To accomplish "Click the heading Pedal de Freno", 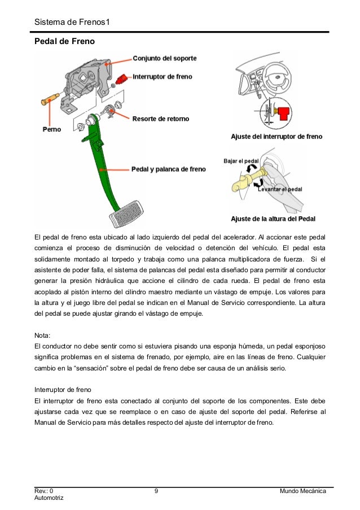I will pyautogui.click(x=64, y=42).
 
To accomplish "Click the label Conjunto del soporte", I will pyautogui.click(x=165, y=58).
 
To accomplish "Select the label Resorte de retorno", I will pyautogui.click(x=160, y=119).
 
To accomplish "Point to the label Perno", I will pyautogui.click(x=52, y=129).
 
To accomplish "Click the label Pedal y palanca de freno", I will pyautogui.click(x=168, y=168).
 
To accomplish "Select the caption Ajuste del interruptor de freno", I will pyautogui.click(x=276, y=137).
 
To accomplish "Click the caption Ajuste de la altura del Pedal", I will pyautogui.click(x=273, y=219).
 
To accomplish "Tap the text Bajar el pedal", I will pyautogui.click(x=241, y=160).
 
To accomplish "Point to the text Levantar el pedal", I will pyautogui.click(x=280, y=189).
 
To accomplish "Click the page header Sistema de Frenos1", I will pyautogui.click(x=71, y=23).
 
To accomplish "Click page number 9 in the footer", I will pyautogui.click(x=156, y=491).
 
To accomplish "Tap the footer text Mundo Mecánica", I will pyautogui.click(x=303, y=491).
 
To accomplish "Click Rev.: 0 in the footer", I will pyautogui.click(x=45, y=491).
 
